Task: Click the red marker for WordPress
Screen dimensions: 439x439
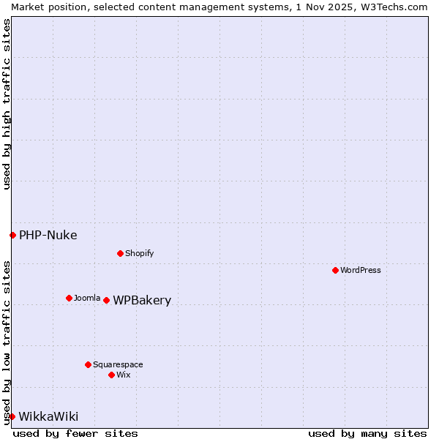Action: [335, 270]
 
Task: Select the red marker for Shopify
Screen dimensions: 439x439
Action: [120, 253]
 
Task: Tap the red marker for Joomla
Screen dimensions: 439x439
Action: [69, 298]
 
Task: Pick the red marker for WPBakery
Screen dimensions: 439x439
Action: [106, 300]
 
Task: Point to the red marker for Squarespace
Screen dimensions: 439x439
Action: [88, 364]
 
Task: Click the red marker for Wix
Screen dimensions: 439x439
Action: [111, 375]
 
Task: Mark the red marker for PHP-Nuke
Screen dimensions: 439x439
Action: [12, 235]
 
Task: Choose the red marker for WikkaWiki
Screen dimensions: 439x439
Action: [12, 416]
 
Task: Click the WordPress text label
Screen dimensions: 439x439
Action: [361, 270]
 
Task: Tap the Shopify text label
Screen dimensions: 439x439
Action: [139, 253]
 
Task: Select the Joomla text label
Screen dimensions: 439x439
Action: [87, 298]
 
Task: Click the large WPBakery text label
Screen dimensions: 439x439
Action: [142, 301]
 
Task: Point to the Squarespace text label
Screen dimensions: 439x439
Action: [118, 364]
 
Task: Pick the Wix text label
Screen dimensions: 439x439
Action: [124, 375]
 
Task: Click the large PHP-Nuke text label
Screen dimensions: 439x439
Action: [48, 235]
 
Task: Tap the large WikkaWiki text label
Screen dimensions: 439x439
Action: [48, 416]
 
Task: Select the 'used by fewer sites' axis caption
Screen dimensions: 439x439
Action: [75, 433]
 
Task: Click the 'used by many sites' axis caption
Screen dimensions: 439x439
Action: [367, 433]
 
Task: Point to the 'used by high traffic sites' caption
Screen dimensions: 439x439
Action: [7, 104]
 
